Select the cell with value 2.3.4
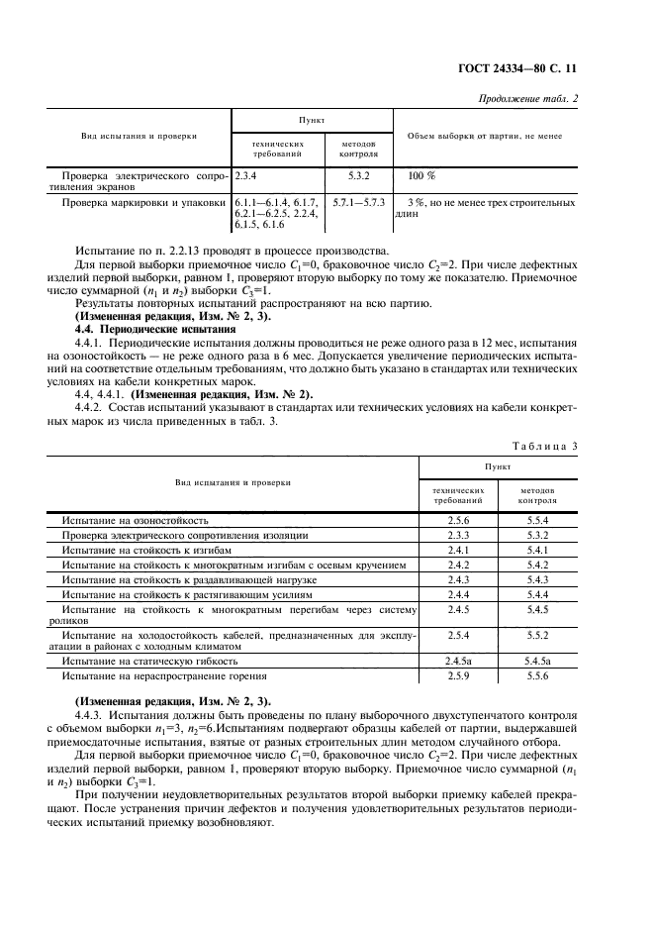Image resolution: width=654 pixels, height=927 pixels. tap(246, 175)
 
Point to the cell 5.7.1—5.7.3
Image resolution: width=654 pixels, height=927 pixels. tap(358, 202)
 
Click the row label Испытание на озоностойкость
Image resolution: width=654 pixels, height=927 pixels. tap(135, 520)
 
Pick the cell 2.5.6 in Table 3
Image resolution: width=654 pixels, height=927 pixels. tap(457, 520)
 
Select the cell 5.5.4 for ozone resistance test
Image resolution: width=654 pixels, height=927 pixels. tap(538, 520)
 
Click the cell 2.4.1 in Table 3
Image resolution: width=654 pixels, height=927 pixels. tap(457, 549)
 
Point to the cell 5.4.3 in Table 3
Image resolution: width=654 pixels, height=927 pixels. tap(538, 578)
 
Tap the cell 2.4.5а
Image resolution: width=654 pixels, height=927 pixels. tap(457, 660)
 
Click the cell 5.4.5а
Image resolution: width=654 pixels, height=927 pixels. tap(538, 660)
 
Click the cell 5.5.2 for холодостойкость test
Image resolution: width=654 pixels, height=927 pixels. tap(538, 634)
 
